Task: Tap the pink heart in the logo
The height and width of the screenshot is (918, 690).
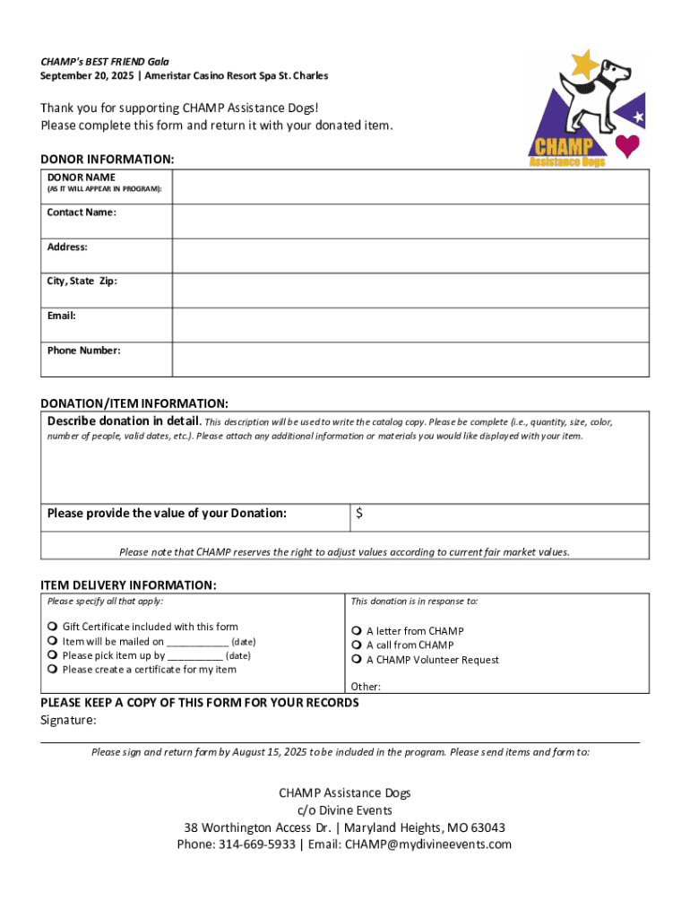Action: [x=627, y=145]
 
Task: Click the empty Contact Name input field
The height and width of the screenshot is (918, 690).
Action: [x=410, y=221]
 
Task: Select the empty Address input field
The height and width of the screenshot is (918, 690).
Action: [x=410, y=255]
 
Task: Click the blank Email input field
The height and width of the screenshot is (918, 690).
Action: [x=410, y=325]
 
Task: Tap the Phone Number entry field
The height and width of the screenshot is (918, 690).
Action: [x=410, y=359]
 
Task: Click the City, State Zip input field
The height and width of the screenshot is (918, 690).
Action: [x=410, y=290]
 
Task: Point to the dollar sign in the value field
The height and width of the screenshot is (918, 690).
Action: [x=359, y=514]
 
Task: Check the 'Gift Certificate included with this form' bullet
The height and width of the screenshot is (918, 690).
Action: [x=53, y=627]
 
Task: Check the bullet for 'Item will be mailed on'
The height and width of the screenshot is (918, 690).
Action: [x=53, y=641]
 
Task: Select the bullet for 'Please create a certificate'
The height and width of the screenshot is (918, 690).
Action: [x=53, y=670]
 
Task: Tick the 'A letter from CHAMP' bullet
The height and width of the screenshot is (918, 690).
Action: [x=357, y=631]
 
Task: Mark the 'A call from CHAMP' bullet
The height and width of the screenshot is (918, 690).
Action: [x=357, y=645]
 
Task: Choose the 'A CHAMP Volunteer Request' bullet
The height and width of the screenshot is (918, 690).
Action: [x=357, y=660]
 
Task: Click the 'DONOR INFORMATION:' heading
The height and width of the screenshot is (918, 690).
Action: [x=107, y=159]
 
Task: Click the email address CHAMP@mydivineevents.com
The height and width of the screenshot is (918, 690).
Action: [x=427, y=844]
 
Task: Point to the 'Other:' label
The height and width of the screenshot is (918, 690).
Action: [x=366, y=687]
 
